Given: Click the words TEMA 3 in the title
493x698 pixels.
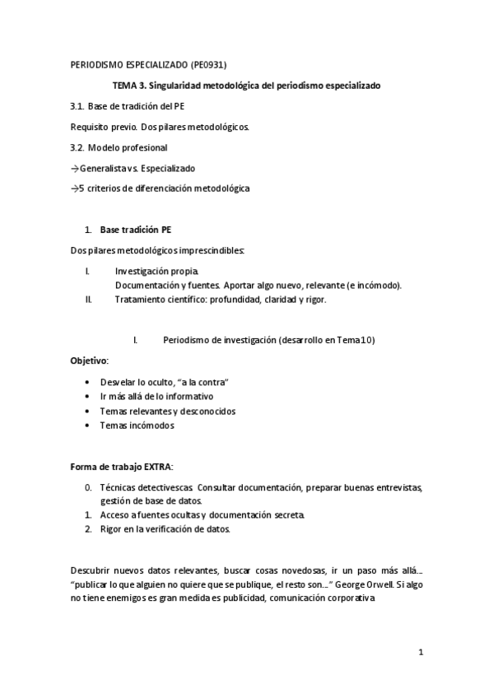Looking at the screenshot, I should click(129, 85).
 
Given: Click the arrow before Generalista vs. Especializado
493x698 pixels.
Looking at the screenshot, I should click(74, 168).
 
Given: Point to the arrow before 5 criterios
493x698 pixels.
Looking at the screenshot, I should click(74, 188).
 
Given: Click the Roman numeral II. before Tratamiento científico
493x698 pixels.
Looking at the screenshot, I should click(88, 300).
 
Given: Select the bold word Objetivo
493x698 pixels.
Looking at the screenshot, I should click(88, 361).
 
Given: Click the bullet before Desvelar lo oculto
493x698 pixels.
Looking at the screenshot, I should click(89, 383).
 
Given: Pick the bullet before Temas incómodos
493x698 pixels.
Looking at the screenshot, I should click(89, 426).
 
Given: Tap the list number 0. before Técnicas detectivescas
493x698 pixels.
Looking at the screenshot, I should click(88, 487).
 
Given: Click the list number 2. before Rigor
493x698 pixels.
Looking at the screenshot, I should click(88, 528).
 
